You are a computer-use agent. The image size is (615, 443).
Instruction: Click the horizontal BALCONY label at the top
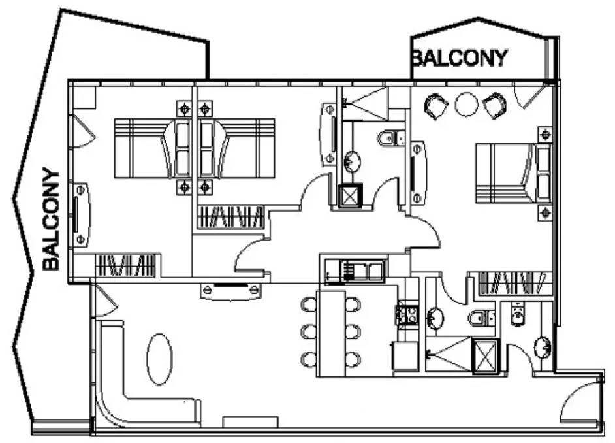(459, 57)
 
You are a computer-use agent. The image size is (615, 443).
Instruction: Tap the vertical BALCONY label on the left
(51, 219)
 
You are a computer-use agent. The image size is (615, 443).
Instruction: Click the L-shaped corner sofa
(131, 392)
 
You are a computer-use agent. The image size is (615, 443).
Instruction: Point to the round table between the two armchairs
(467, 104)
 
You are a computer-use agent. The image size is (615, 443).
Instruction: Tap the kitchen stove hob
(409, 315)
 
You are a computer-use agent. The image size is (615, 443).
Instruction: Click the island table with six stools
(331, 334)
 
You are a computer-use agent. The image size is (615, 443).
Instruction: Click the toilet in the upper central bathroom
(389, 138)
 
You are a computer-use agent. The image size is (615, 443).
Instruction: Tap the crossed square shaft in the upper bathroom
(351, 196)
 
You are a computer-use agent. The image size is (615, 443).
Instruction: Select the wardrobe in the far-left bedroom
(125, 266)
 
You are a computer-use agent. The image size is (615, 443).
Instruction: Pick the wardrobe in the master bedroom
(512, 282)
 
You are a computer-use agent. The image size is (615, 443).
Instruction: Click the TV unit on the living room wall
(233, 289)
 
